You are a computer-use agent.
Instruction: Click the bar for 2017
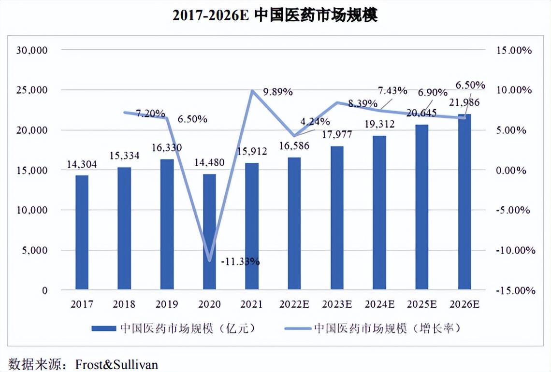coord(82,232)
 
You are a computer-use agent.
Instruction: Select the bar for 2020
coord(209,232)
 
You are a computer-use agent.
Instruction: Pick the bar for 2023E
coord(337,218)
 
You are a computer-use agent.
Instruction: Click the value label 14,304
coord(82,165)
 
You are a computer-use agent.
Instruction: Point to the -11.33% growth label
coord(240,262)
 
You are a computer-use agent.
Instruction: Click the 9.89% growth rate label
coord(278,91)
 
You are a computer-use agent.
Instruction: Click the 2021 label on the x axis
coord(252,304)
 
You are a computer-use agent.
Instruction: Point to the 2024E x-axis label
coord(379,304)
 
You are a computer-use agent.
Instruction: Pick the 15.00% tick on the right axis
coord(514,50)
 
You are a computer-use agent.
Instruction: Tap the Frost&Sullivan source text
coord(116,363)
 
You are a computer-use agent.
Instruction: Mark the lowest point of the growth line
coord(209,261)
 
